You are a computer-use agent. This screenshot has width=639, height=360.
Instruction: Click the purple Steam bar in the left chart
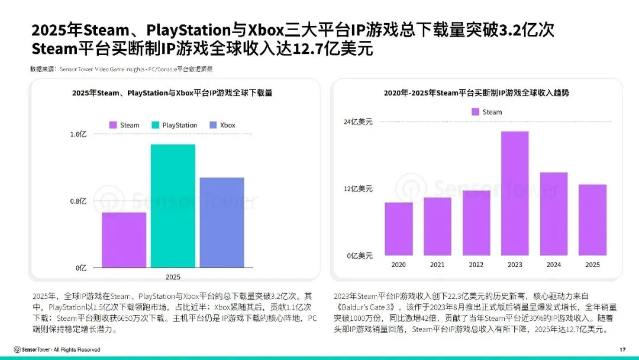pos(124,239)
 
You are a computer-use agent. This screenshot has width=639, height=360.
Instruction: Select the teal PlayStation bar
pos(173,205)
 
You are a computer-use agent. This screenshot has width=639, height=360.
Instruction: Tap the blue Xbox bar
pos(221,222)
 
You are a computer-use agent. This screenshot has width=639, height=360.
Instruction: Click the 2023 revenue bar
pos(515,194)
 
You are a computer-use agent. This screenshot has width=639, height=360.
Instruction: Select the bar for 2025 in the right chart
pos(592,220)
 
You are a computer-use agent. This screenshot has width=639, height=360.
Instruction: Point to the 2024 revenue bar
pos(554,214)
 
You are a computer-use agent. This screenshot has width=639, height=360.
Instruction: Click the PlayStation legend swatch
pos(156,125)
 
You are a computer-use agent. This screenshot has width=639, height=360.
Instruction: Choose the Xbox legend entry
pos(222,125)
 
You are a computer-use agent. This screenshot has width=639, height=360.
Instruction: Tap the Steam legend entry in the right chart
pos(486,112)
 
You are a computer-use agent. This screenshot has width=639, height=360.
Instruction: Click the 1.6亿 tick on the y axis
pos(79,134)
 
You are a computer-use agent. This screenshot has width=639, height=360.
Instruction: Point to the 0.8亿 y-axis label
pos(79,201)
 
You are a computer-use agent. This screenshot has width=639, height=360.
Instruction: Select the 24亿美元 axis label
pos(359,122)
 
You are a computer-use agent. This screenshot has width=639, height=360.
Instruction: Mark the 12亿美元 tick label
pos(359,189)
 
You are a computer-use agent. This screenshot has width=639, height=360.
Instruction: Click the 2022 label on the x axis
pos(476,265)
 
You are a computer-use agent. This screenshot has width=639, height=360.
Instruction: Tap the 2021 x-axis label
pos(437,265)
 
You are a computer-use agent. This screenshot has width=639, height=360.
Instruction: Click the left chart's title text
pos(172,93)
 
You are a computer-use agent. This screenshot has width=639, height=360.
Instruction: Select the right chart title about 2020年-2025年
pos(476,93)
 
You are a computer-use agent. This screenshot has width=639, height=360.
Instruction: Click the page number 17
pos(622,349)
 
